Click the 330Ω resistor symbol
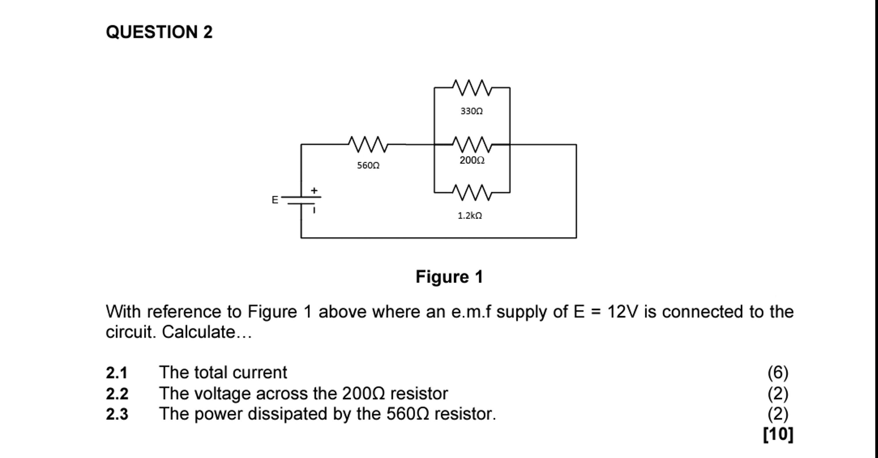click(x=472, y=88)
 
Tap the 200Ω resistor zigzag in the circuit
click(x=472, y=145)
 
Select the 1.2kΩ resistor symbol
click(x=472, y=192)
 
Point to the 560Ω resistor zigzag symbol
click(x=368, y=145)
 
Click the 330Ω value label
click(x=471, y=111)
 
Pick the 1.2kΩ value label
click(x=470, y=215)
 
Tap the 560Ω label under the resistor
click(x=368, y=165)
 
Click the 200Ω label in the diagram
click(x=472, y=160)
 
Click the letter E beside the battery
click(x=275, y=200)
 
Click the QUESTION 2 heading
click(x=159, y=32)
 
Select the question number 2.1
click(x=117, y=372)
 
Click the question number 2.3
click(x=117, y=414)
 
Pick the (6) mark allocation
click(x=778, y=372)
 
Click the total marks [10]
click(x=778, y=434)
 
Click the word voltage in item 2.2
click(x=222, y=393)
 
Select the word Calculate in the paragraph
click(x=198, y=332)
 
